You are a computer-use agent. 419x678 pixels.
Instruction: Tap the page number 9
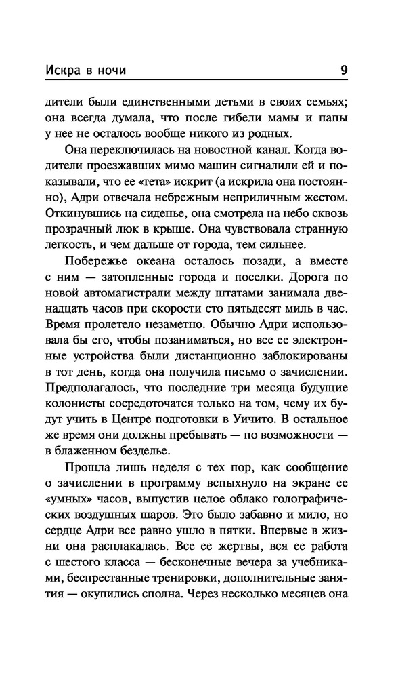[x=344, y=70]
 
